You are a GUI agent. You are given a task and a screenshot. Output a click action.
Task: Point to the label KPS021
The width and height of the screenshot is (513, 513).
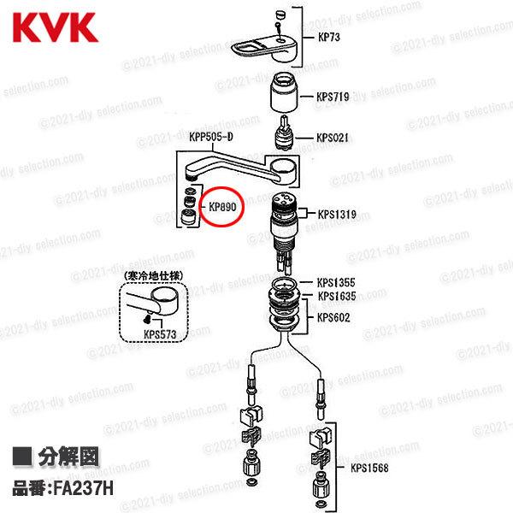[333, 137]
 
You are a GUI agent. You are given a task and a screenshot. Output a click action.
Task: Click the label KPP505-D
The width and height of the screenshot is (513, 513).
[211, 136]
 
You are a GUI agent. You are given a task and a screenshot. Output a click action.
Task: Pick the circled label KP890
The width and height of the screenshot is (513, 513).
[222, 206]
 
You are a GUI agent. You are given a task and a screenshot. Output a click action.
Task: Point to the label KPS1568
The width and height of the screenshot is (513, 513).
[369, 468]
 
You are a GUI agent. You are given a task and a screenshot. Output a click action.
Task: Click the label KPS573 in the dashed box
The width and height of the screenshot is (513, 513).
[161, 334]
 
